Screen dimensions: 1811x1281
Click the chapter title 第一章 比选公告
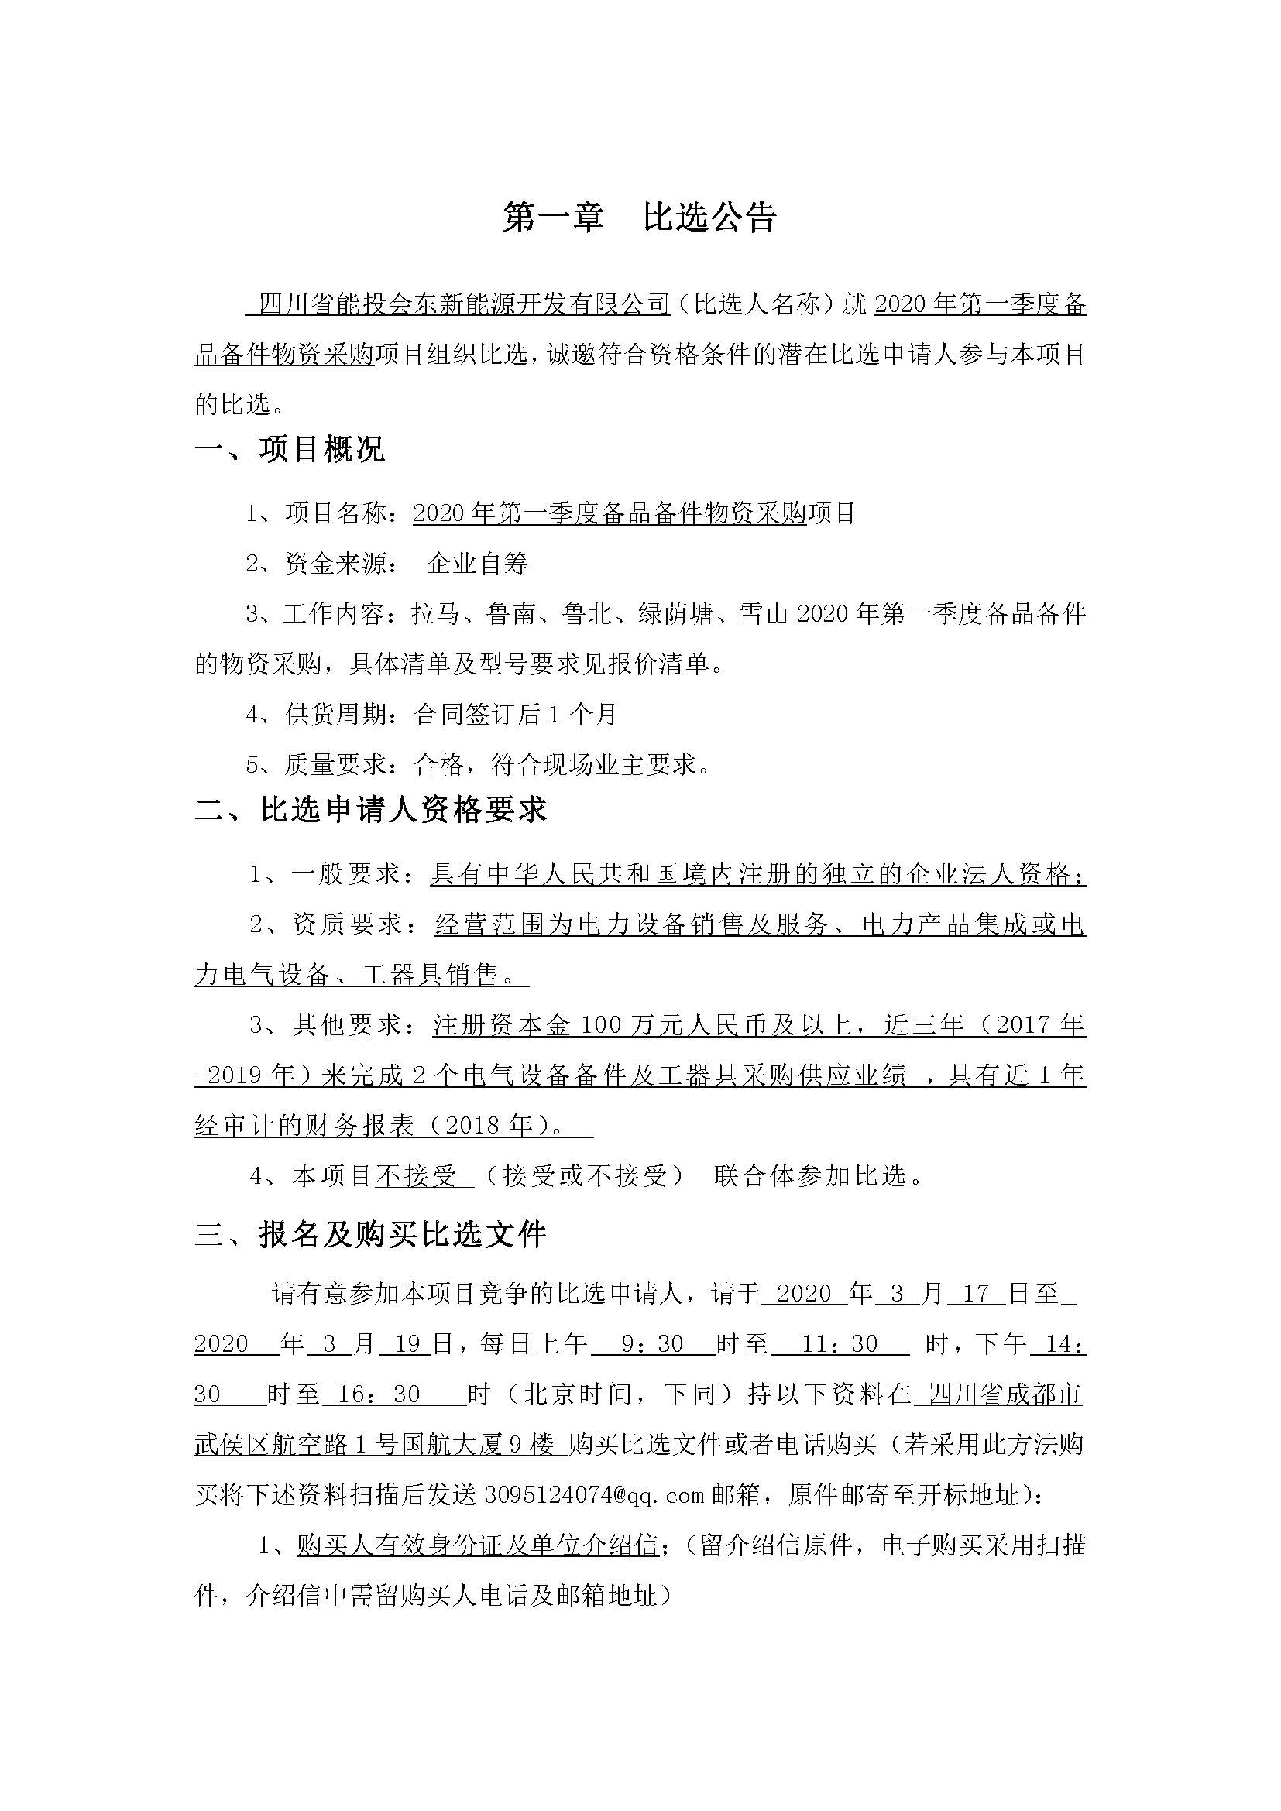(640, 218)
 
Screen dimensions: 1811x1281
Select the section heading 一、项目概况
(290, 449)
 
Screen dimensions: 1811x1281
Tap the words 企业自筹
(477, 563)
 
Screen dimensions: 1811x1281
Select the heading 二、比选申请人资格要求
(371, 811)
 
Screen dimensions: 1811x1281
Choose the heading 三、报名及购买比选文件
(371, 1234)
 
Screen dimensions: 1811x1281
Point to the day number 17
(976, 1294)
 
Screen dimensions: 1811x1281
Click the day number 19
(405, 1344)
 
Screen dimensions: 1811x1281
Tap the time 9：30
(652, 1344)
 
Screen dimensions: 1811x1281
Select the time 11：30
(840, 1344)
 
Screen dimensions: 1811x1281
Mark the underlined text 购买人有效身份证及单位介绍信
(478, 1545)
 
